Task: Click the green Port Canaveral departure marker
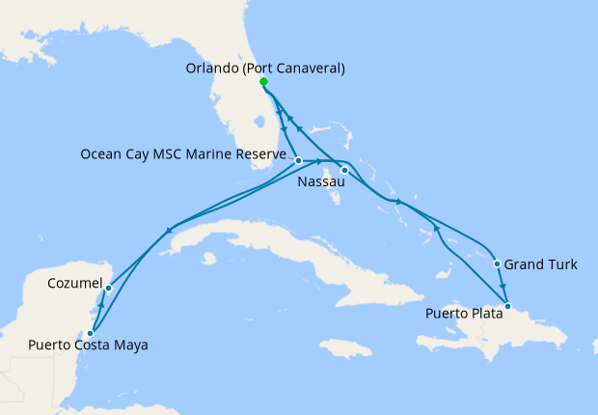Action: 263,82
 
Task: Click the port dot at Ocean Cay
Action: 299,160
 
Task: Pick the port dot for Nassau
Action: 344,170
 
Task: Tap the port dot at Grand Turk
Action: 497,263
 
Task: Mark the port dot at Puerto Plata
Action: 508,306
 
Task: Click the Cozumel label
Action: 75,284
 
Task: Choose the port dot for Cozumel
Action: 109,288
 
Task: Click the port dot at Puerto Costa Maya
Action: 90,333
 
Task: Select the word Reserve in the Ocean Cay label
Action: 261,153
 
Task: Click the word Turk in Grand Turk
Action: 562,263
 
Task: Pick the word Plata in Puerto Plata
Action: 483,314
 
